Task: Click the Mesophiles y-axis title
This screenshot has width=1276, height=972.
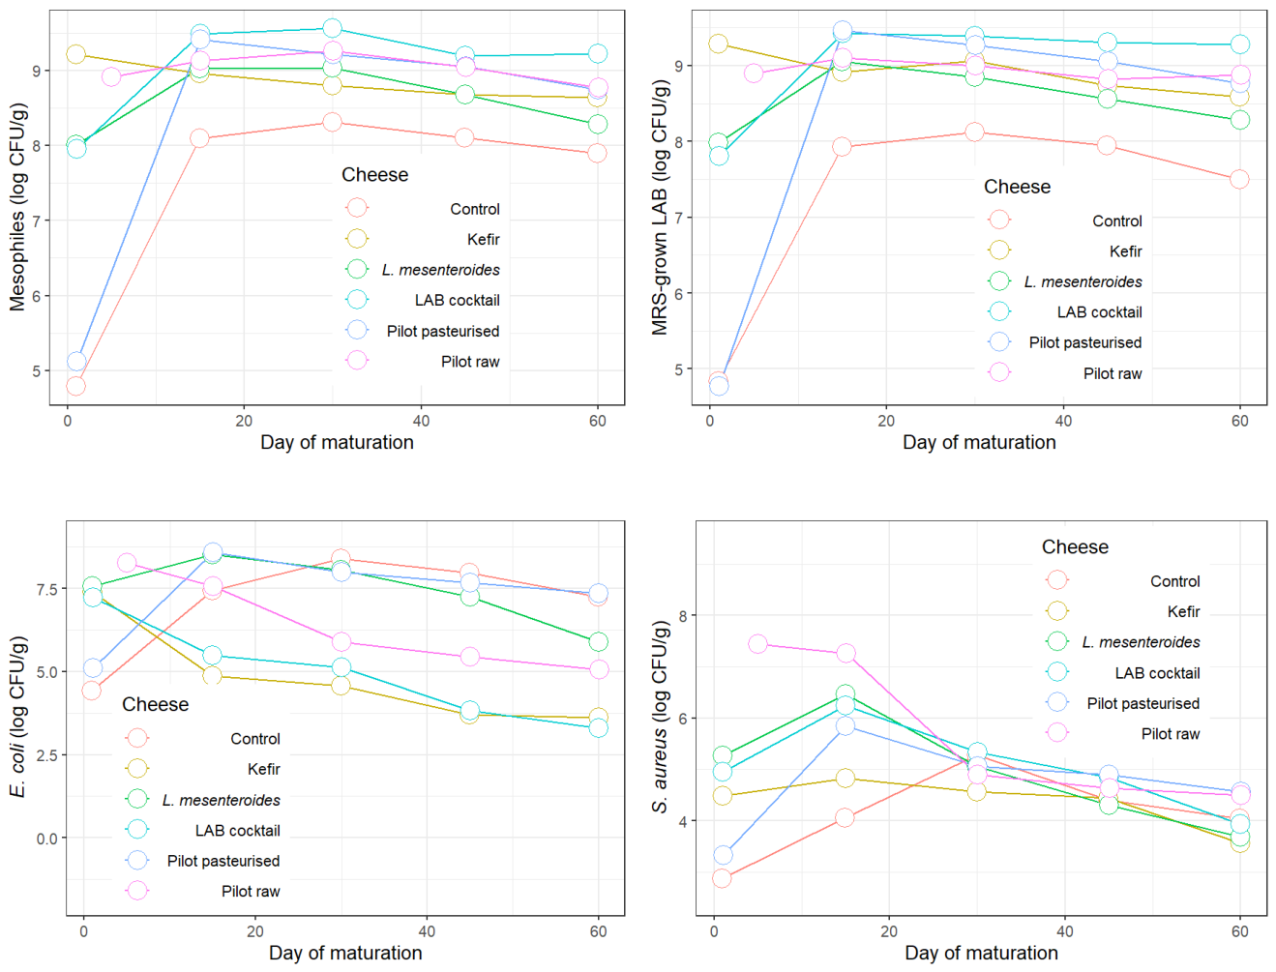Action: (17, 207)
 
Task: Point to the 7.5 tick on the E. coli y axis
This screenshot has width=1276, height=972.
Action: (47, 589)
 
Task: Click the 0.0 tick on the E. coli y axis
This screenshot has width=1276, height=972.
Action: (47, 839)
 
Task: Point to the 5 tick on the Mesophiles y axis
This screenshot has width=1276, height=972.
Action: (37, 370)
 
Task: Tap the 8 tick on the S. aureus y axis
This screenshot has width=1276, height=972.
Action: (682, 615)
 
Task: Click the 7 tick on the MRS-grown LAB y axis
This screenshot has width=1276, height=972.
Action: (678, 218)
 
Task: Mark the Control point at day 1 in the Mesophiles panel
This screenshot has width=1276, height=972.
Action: (75, 386)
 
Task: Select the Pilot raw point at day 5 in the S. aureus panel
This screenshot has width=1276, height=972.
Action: (757, 644)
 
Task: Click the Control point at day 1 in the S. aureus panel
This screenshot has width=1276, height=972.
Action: (722, 878)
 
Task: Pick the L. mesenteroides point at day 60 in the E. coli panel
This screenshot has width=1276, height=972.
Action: (598, 642)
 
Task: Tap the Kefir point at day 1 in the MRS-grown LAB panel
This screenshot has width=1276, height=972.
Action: (718, 44)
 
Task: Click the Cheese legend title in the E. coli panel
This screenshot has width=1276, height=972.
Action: (155, 704)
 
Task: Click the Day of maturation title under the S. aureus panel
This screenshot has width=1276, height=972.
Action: (981, 953)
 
